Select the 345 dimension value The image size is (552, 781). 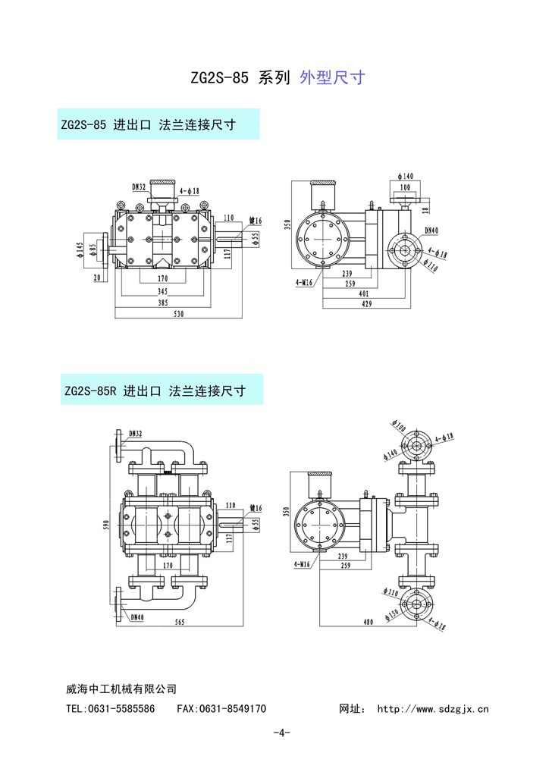click(162, 290)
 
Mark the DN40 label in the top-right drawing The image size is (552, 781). click(431, 230)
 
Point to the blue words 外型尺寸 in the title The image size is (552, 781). click(333, 77)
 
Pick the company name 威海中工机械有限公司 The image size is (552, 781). click(121, 688)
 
